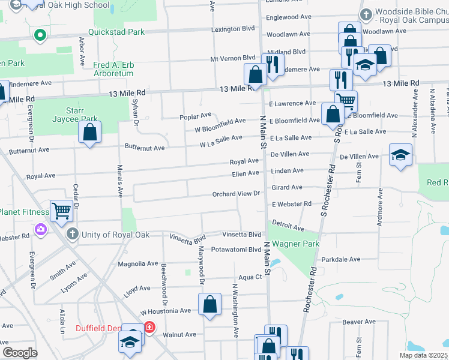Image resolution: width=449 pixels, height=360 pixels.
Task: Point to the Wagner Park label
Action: coord(295,244)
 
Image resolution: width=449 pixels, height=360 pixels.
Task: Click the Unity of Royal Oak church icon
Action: coord(72,234)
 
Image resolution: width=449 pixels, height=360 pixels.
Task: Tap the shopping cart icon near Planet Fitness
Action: coord(61,211)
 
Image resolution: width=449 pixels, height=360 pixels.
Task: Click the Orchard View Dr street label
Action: coord(236,194)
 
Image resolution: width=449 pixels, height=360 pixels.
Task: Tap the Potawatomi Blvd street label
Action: coord(236,249)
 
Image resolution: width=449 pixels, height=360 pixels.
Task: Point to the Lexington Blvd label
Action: coord(233,29)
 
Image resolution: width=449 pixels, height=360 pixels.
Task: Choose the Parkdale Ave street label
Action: coord(340,259)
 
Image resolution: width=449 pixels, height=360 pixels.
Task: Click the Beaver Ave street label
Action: coord(358,322)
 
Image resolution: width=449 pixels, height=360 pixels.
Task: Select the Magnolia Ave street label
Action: coord(138,263)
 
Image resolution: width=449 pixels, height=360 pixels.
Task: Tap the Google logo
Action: coord(20,352)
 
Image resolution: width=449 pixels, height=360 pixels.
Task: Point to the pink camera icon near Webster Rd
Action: coord(40,229)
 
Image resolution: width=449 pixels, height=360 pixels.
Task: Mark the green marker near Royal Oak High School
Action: coord(40,35)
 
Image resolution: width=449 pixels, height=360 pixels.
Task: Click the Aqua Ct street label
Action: coord(250,277)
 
